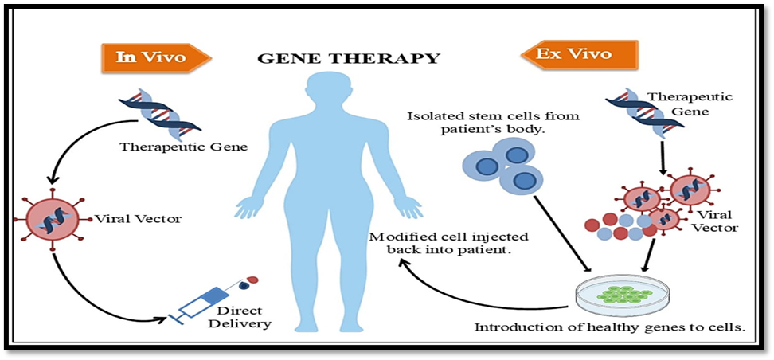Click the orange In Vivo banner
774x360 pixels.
click(x=154, y=57)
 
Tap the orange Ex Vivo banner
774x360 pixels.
click(x=579, y=55)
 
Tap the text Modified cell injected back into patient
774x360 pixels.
click(x=439, y=243)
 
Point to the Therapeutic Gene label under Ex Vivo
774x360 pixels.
click(x=678, y=104)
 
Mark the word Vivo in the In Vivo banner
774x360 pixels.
click(x=169, y=57)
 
